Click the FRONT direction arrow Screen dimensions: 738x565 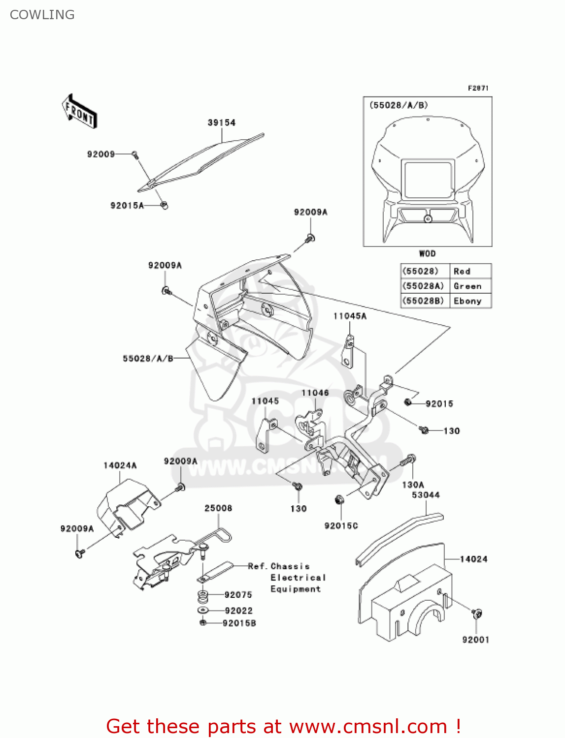point(79,112)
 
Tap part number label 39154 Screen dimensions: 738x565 point(221,123)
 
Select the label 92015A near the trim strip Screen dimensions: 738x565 point(127,206)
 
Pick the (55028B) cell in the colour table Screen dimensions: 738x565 point(423,301)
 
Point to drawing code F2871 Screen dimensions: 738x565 point(478,88)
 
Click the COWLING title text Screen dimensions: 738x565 point(42,15)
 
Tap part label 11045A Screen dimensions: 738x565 point(350,316)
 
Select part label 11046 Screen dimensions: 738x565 point(315,393)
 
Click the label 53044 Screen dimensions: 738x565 point(426,495)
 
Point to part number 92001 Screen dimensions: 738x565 point(475,640)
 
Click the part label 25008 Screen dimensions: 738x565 point(218,508)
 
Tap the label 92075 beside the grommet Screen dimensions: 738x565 point(238,595)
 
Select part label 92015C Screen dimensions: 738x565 point(341,526)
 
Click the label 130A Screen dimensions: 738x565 point(413,485)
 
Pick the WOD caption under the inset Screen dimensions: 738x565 point(427,254)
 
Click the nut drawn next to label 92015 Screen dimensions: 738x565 point(408,402)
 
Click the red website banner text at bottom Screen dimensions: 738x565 point(283,726)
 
